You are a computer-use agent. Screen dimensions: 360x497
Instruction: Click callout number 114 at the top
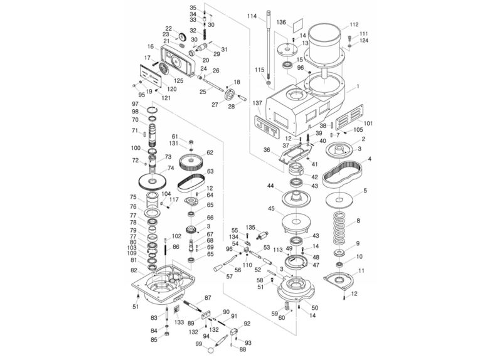(x=252, y=16)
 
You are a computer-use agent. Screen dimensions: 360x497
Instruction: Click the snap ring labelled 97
(x=152, y=112)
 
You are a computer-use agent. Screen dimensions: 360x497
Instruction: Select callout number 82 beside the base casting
(x=134, y=270)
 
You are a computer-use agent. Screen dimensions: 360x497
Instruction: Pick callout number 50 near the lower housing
(x=315, y=307)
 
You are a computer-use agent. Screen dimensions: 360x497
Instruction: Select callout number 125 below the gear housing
(x=179, y=81)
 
